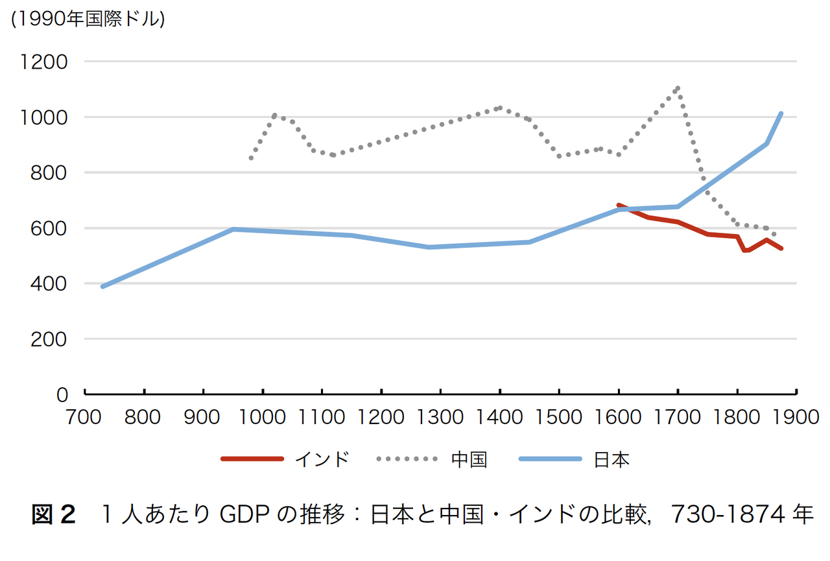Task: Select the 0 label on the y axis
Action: [62, 395]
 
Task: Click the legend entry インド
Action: [322, 460]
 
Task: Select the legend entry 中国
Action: [469, 460]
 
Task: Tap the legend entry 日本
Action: [611, 460]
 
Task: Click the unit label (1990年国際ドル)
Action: [88, 19]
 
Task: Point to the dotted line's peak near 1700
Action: [678, 88]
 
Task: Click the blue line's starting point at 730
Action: [102, 286]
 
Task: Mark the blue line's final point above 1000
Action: [781, 113]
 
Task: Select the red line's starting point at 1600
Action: [619, 205]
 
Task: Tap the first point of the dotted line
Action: [251, 158]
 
